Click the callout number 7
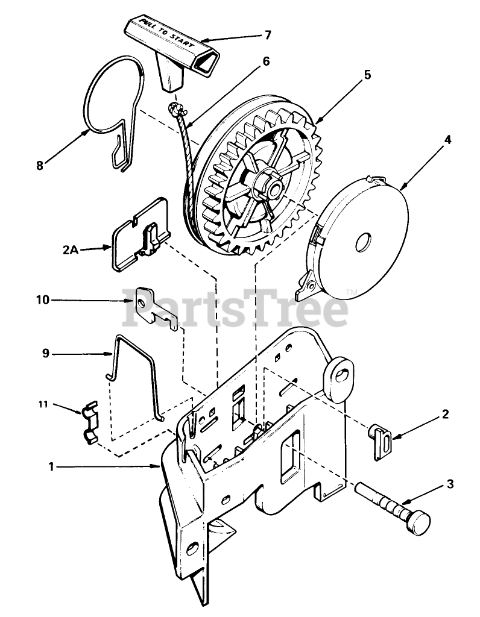coord(268,35)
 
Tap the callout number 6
coord(266,61)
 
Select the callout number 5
coord(367,75)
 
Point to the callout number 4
coord(447,139)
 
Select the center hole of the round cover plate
coord(364,243)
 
